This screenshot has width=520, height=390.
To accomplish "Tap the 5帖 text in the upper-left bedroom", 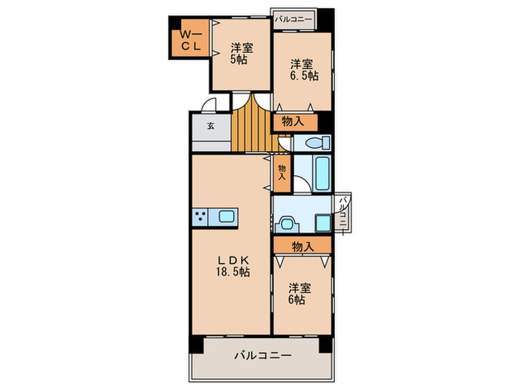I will click(238, 60).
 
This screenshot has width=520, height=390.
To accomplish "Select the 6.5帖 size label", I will click(304, 75).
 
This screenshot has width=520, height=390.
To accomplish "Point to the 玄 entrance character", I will click(210, 126).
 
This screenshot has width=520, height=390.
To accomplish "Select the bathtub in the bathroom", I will click(322, 173).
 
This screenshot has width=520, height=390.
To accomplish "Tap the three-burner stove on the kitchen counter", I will click(201, 216).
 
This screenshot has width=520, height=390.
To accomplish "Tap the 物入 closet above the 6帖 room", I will click(302, 245).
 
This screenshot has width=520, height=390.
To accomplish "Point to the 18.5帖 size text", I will click(233, 272).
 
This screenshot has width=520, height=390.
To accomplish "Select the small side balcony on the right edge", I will click(344, 212).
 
